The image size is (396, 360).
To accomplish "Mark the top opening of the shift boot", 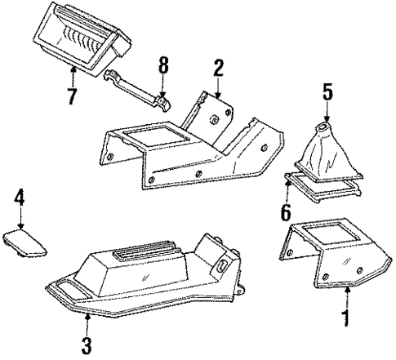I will pos(326,129).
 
